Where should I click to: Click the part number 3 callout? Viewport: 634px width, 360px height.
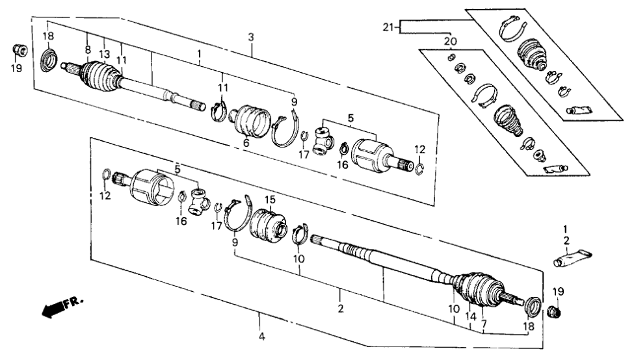coord(251,38)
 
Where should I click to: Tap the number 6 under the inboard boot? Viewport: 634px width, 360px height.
coord(246,142)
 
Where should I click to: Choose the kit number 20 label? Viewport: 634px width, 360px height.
coord(450,42)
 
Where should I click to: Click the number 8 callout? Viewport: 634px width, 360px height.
coord(88,49)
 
